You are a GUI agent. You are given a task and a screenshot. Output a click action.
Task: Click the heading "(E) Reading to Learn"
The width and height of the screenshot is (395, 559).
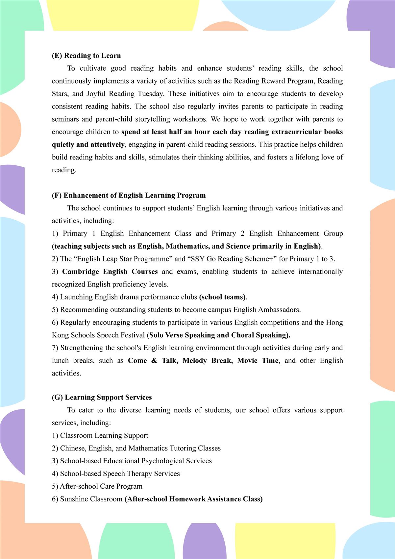[86, 56]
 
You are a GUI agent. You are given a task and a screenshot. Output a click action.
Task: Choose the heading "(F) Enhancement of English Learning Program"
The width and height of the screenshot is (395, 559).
[129, 195]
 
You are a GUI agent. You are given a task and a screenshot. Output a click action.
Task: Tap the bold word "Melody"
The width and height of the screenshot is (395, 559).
[194, 361]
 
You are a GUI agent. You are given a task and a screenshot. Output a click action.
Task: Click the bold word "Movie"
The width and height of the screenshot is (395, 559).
[247, 361]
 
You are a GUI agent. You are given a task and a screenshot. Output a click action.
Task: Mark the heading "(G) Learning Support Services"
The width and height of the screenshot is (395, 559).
[102, 398]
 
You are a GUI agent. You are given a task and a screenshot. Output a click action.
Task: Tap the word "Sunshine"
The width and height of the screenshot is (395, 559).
[75, 499]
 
